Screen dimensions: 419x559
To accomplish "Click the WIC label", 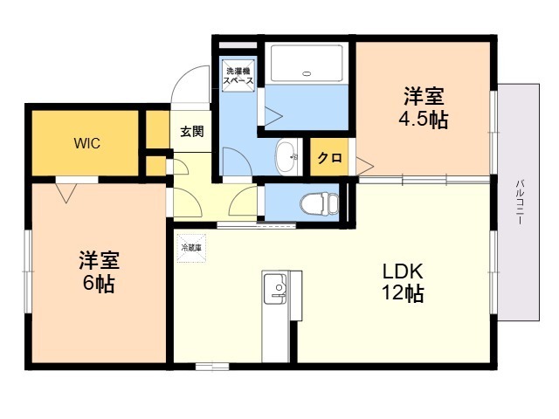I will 86,143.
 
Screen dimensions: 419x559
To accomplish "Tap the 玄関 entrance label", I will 192,133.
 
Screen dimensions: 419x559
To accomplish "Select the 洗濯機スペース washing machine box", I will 238,76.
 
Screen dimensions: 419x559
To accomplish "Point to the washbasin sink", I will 286,157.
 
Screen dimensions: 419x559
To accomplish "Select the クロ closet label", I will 329,158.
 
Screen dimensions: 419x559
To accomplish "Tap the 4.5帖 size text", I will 425,120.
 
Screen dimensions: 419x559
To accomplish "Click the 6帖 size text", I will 99,283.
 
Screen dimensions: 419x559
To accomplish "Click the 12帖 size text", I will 402,294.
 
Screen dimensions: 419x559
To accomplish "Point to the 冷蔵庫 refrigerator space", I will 190,247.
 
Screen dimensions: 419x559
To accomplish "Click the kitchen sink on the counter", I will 275,288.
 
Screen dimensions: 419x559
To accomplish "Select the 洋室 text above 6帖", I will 99,259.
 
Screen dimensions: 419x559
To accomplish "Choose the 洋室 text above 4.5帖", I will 425,94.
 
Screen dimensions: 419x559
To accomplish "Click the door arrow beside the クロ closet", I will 362,162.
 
